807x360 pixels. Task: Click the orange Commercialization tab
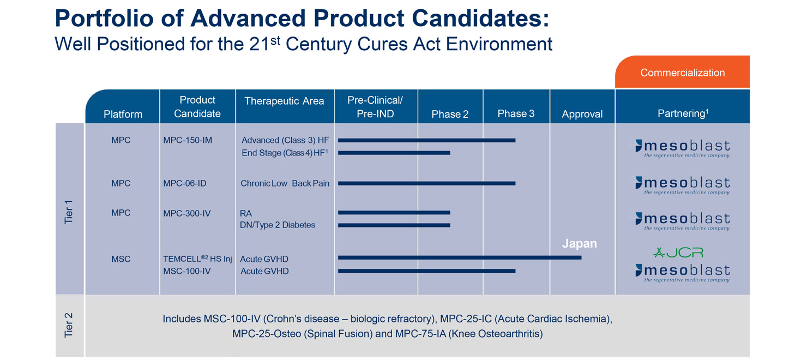click(x=682, y=73)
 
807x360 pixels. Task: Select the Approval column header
click(x=582, y=114)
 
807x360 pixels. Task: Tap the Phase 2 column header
click(x=450, y=114)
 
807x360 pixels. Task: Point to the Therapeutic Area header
click(x=284, y=101)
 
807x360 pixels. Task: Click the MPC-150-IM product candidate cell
click(x=188, y=140)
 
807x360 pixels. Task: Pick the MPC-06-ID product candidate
click(x=185, y=183)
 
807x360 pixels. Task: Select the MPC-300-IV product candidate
click(x=186, y=213)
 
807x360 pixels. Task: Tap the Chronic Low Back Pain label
click(x=285, y=183)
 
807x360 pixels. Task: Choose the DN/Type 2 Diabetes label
click(x=278, y=225)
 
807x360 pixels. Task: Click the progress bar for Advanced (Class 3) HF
click(x=426, y=140)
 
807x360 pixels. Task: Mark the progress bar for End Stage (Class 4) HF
click(x=394, y=153)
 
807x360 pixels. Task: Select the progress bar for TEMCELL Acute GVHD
click(x=459, y=257)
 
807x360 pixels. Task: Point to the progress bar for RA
click(x=394, y=212)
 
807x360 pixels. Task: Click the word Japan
click(x=579, y=244)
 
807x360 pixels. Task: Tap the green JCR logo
click(x=678, y=253)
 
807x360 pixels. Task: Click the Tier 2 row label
click(x=69, y=326)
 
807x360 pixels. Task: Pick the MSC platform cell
click(x=121, y=259)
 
